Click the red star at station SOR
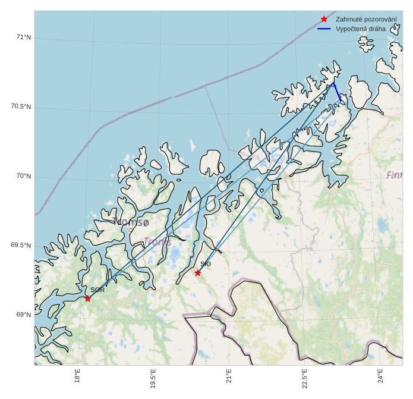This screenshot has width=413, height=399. click(x=87, y=299)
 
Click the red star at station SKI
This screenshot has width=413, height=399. click(x=198, y=273)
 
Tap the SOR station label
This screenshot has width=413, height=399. click(x=97, y=290)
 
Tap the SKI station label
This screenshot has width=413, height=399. click(x=206, y=264)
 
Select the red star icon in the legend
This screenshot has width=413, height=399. click(x=324, y=19)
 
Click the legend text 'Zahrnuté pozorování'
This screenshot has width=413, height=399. click(x=366, y=19)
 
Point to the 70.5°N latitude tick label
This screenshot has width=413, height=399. click(x=21, y=107)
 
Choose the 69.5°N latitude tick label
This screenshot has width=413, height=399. click(x=21, y=246)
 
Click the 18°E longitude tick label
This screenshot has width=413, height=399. click(x=78, y=376)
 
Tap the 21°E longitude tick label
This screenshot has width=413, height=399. click(x=229, y=376)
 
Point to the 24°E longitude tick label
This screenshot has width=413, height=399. click(x=380, y=376)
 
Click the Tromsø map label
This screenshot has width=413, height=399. click(x=131, y=222)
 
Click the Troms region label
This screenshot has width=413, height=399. click(x=158, y=242)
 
